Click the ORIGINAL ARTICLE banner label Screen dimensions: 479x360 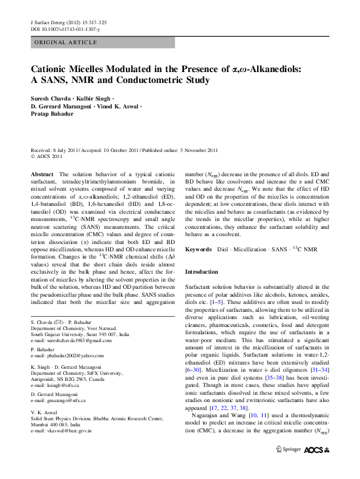pyautogui.click(x=65, y=42)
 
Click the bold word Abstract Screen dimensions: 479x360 pyautogui.click(x=42, y=174)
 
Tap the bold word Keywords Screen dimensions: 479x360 pyautogui.click(x=198, y=249)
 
